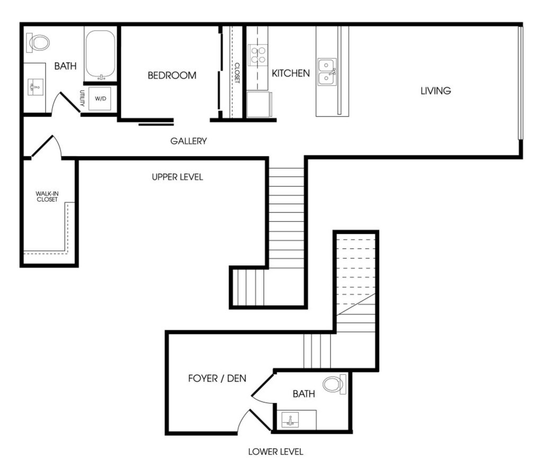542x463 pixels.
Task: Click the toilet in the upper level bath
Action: click(x=38, y=43)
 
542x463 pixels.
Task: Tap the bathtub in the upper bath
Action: click(x=100, y=55)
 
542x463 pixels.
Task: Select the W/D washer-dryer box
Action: click(x=100, y=99)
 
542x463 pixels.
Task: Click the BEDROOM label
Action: click(x=172, y=75)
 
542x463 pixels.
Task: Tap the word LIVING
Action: click(x=436, y=91)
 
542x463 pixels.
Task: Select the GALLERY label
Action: click(x=189, y=141)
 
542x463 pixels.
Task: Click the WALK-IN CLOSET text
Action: click(x=47, y=197)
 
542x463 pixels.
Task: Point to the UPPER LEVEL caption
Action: click(x=177, y=177)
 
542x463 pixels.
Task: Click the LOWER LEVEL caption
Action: click(x=276, y=451)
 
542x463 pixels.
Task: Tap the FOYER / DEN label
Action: click(x=217, y=378)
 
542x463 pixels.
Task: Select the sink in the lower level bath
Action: click(x=290, y=420)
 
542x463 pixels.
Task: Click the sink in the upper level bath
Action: click(x=35, y=87)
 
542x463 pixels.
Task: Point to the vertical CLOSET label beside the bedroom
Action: click(x=237, y=73)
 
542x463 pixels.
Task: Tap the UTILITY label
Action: click(x=82, y=98)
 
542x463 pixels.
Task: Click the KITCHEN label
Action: click(x=291, y=73)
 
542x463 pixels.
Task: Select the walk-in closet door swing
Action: click(x=47, y=147)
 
